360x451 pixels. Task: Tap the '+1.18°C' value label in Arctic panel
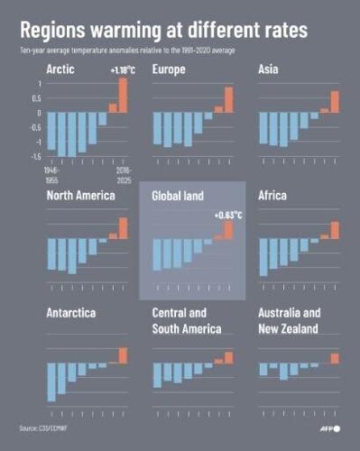(x=122, y=69)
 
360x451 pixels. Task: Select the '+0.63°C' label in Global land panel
(x=226, y=215)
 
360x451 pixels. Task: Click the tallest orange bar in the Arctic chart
(x=123, y=95)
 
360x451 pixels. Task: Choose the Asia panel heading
(x=269, y=69)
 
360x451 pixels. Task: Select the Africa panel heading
(x=274, y=195)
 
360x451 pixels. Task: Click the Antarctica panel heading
(x=73, y=313)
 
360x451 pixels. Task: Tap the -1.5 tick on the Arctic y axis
(x=36, y=156)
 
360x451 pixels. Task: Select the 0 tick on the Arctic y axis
(x=39, y=113)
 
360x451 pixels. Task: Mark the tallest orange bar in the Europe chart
(x=229, y=99)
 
